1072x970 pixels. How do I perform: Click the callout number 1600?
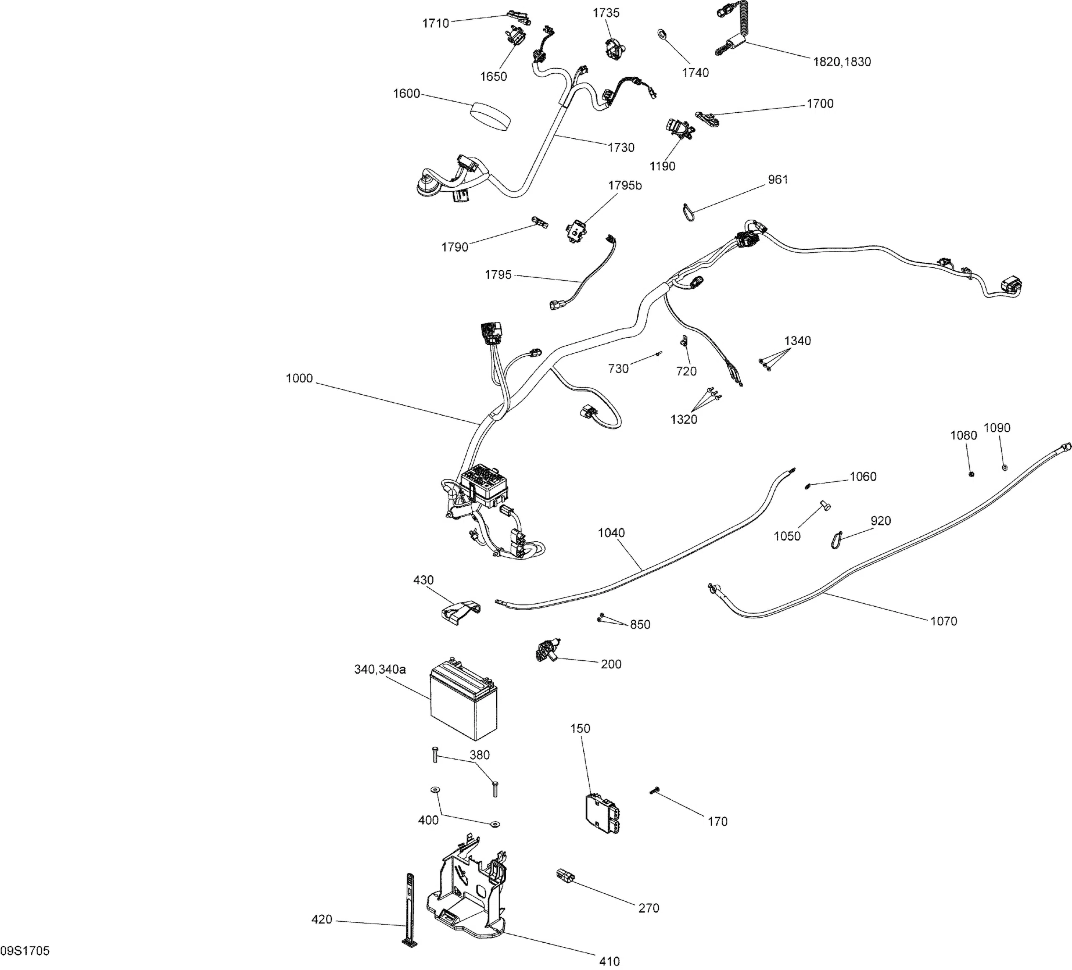point(406,94)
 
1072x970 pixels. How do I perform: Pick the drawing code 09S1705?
point(25,951)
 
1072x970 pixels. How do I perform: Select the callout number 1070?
point(943,621)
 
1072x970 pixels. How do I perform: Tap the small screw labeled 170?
point(654,792)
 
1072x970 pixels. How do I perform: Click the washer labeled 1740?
point(662,34)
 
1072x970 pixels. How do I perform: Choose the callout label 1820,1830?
point(842,62)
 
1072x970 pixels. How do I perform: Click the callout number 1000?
point(299,378)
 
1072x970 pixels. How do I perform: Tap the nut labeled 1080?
point(970,473)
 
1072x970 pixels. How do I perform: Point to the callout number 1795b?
point(625,186)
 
